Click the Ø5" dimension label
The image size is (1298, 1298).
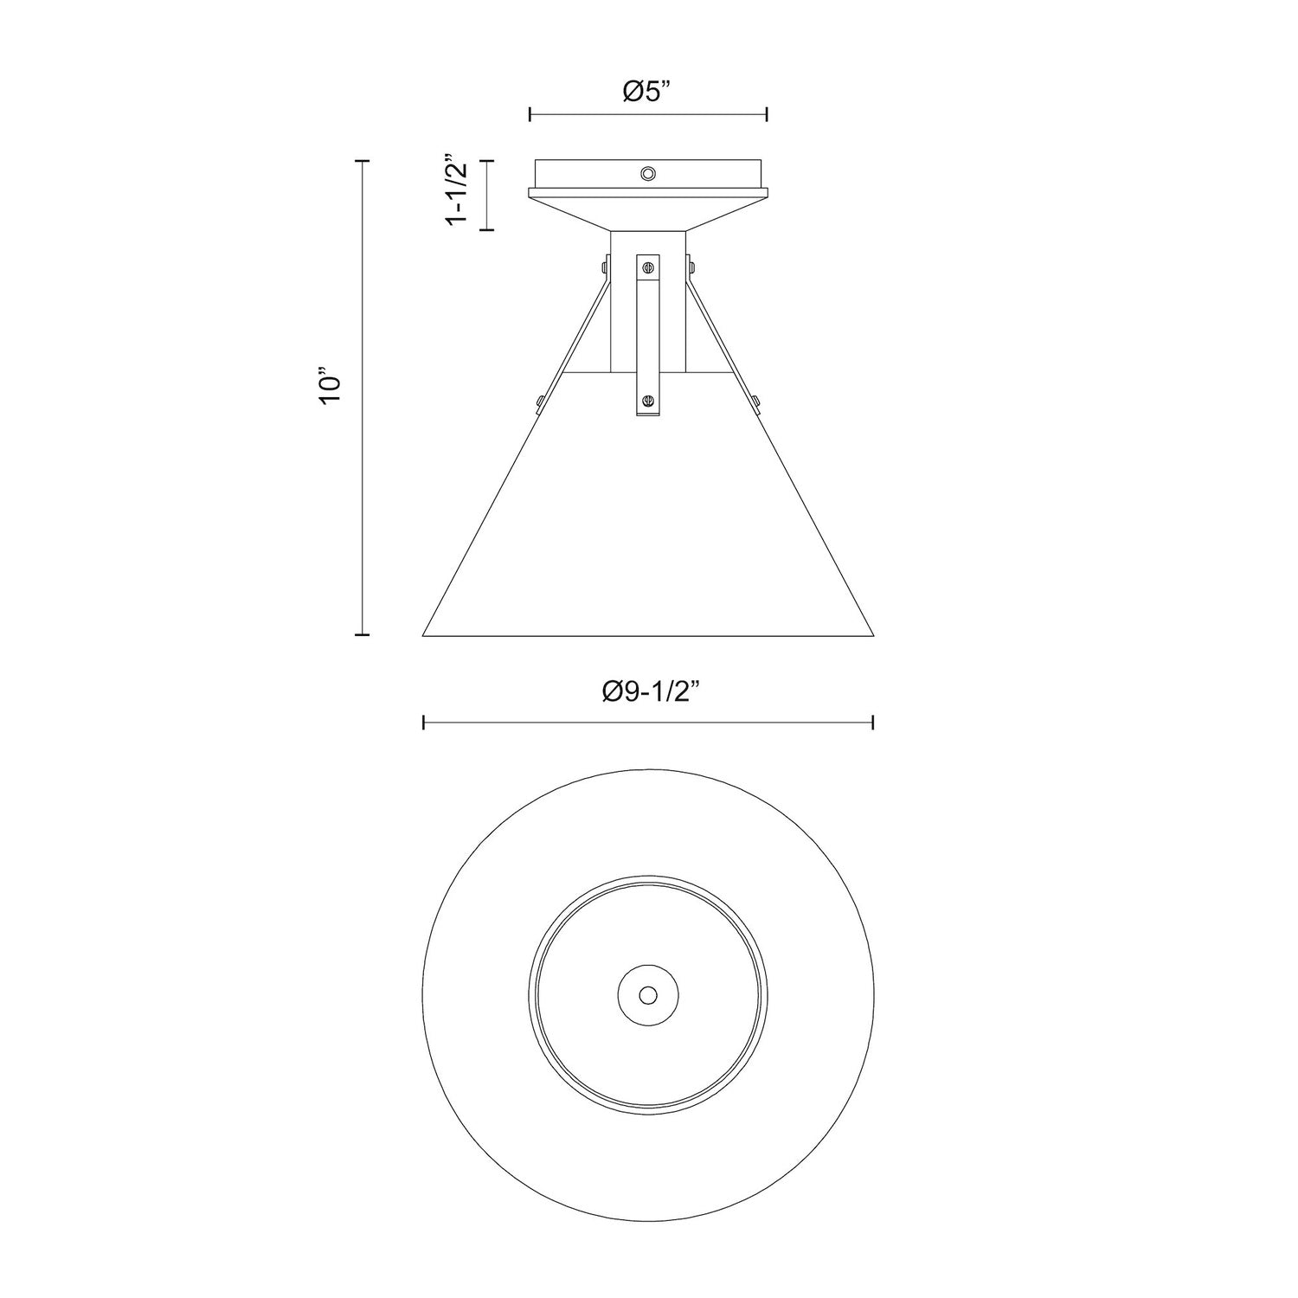coord(648,92)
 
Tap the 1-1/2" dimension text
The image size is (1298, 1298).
coord(457,191)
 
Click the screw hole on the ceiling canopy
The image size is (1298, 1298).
coord(647,174)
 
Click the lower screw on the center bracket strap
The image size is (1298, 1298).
coord(648,399)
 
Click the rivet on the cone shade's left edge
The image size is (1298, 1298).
coord(540,400)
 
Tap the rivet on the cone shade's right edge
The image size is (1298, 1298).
coord(756,400)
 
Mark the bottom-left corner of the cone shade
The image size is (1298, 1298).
coord(423,635)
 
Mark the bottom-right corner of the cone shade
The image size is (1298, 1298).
coord(873,635)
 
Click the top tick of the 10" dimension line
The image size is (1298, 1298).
coord(363,161)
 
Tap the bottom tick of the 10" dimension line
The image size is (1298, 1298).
coord(363,635)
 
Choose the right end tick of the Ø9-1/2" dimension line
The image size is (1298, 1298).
coord(873,722)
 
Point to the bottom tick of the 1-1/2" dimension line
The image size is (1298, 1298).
coord(487,229)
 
